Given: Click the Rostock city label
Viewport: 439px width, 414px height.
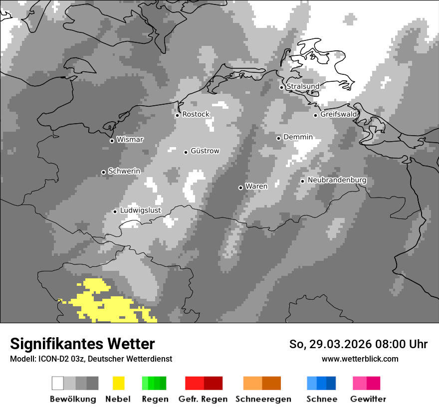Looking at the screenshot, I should [x=196, y=114].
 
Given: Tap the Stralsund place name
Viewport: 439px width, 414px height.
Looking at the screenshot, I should [x=303, y=86].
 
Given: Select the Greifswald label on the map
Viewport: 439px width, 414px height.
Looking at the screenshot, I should [x=338, y=114].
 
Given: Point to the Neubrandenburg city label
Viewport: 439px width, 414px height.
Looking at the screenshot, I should [x=337, y=180].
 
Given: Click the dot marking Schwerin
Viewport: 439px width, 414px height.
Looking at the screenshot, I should [x=104, y=172].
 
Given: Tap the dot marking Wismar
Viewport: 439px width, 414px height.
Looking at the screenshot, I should [x=112, y=141].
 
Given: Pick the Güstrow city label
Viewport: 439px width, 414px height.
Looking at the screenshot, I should [x=205, y=151].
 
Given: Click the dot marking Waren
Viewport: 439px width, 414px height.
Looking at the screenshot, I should [x=240, y=188].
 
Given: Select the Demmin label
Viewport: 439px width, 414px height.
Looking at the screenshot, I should [x=298, y=137].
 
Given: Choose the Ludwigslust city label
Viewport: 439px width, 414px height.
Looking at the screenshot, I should [x=140, y=210].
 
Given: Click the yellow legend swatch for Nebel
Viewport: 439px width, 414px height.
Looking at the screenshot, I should [x=118, y=383].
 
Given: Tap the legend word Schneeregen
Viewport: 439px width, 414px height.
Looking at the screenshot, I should [x=263, y=399].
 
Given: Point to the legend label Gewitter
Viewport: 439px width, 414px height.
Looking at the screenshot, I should [x=368, y=399].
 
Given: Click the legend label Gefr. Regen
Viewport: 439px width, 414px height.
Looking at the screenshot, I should [x=203, y=399].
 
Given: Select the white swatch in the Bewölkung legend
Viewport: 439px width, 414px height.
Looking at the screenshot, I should [x=58, y=383].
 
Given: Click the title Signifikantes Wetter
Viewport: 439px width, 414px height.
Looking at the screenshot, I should [x=82, y=344].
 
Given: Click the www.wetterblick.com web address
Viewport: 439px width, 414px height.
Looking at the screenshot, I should [x=360, y=359].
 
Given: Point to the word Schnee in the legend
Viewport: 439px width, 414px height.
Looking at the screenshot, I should [x=322, y=399].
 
